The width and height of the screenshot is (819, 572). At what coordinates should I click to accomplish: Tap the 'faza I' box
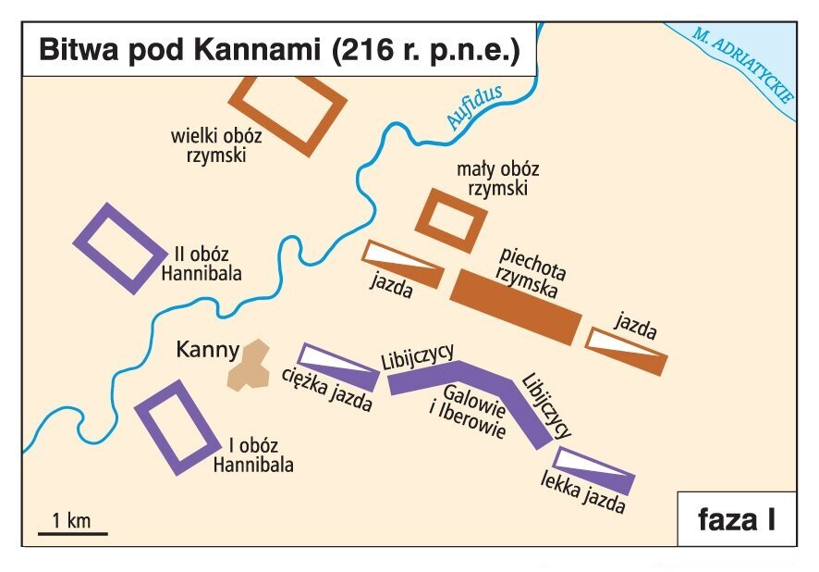click(x=736, y=519)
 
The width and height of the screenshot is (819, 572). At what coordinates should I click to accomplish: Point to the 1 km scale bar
click(x=72, y=532)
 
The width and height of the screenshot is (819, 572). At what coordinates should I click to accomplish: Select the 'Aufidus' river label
click(x=473, y=106)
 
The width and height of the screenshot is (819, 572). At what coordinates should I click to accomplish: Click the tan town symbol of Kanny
click(x=248, y=365)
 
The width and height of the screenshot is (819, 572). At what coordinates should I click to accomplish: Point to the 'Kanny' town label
click(x=207, y=351)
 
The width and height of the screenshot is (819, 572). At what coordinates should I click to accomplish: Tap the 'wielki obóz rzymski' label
click(x=215, y=145)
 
